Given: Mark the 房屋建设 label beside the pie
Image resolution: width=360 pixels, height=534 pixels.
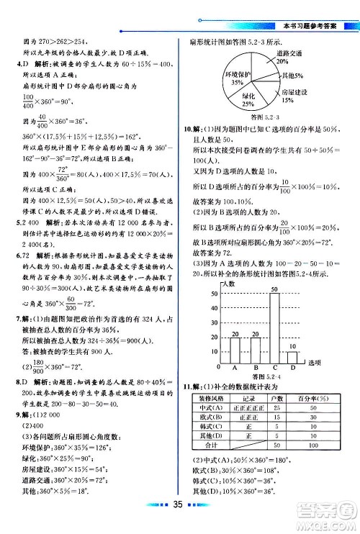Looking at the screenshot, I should [295, 94].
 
